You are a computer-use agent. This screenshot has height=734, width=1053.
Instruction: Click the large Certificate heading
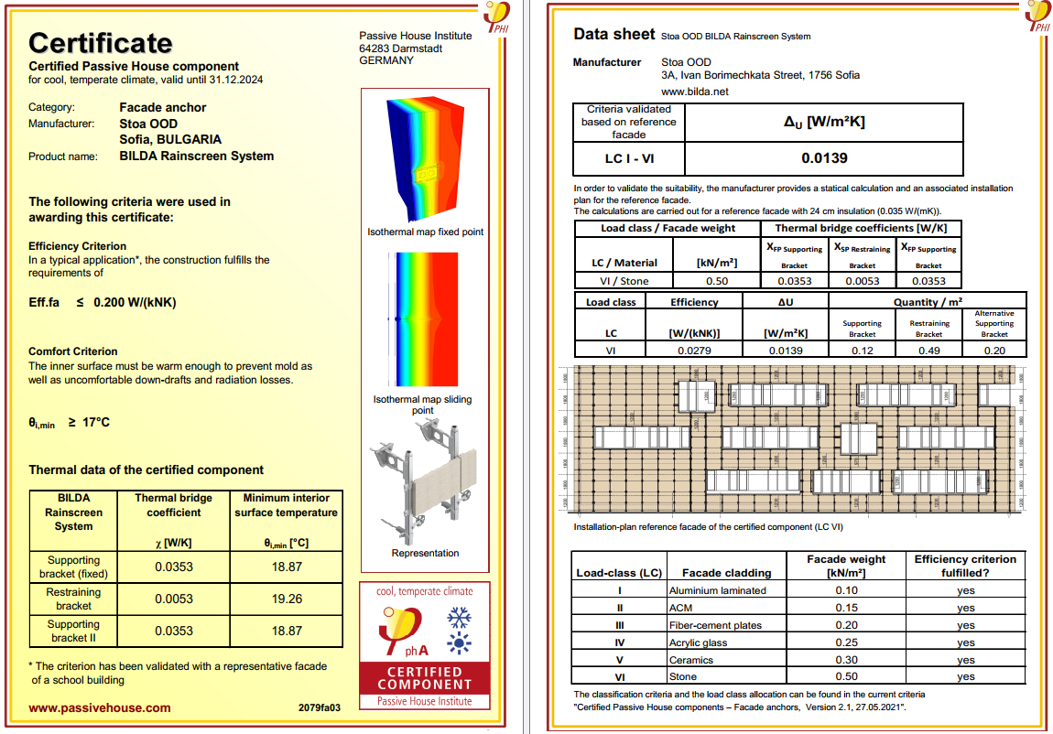click(101, 43)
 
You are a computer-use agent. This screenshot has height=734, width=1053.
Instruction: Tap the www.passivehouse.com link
click(100, 707)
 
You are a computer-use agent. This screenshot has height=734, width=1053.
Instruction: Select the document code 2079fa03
click(320, 708)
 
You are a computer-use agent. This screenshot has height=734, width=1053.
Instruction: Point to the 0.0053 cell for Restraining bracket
click(174, 599)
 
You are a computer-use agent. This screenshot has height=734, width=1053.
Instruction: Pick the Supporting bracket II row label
click(73, 631)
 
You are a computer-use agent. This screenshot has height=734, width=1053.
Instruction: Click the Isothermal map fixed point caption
click(425, 232)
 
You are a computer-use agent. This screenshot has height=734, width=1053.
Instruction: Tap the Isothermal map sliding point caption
click(423, 405)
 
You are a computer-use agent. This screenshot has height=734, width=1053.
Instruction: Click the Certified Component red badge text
click(425, 678)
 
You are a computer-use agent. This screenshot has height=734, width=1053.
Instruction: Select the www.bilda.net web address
click(694, 92)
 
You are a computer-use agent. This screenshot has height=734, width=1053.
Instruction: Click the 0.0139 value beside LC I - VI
click(824, 157)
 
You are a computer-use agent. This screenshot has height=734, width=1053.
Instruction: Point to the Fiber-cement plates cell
click(715, 625)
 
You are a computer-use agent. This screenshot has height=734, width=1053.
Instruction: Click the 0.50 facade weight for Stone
click(846, 676)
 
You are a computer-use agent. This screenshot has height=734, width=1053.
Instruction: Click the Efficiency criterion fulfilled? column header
click(965, 566)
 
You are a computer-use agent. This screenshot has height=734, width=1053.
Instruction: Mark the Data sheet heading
click(613, 35)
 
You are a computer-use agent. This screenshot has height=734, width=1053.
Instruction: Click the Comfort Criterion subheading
click(73, 351)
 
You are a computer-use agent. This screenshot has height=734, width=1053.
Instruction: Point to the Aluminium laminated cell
click(717, 590)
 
